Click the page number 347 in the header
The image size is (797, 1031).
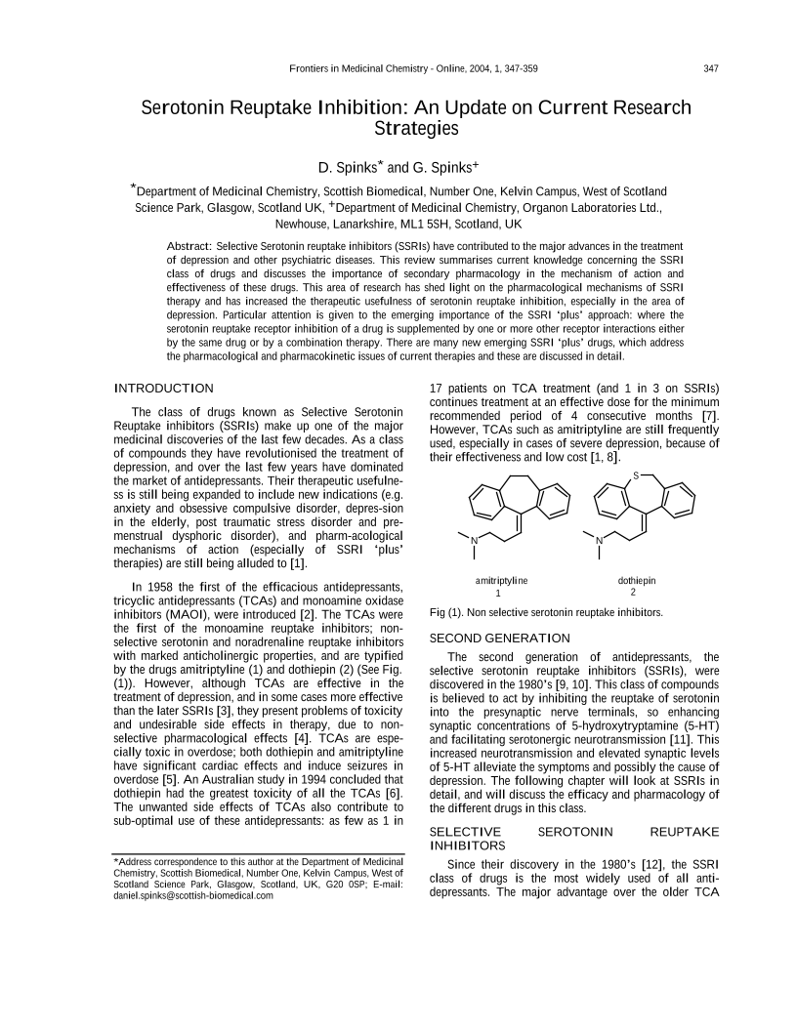tap(710, 68)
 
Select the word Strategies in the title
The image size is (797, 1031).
tap(416, 128)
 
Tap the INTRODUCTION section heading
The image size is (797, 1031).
tap(163, 390)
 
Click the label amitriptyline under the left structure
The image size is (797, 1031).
tap(500, 581)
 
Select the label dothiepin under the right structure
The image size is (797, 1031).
tap(637, 581)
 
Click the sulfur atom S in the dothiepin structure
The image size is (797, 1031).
tap(635, 475)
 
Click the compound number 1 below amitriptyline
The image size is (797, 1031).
tap(498, 593)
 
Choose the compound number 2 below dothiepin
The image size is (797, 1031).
tap(633, 593)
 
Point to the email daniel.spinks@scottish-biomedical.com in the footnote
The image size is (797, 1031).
tap(193, 895)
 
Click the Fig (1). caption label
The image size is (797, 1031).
tap(450, 613)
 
